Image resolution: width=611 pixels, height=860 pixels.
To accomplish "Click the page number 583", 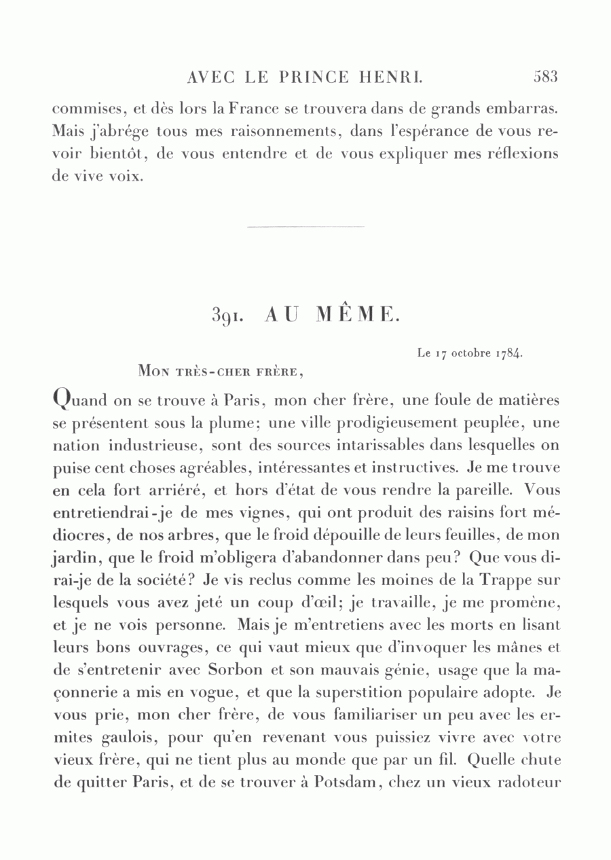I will (x=545, y=77).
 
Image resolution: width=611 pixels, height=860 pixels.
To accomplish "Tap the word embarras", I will (x=518, y=109).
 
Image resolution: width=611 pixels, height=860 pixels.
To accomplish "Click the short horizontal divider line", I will (x=305, y=226).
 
